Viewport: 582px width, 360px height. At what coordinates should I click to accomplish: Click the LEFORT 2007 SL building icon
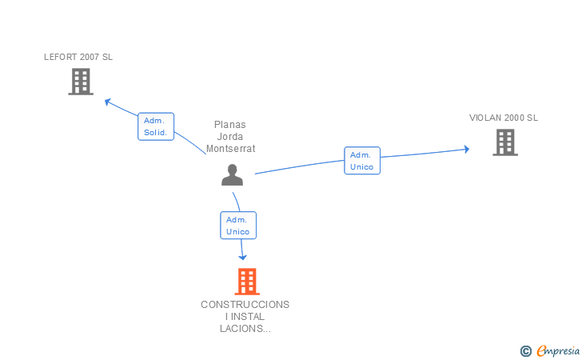click(81, 82)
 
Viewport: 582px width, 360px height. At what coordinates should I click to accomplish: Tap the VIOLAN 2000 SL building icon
click(505, 142)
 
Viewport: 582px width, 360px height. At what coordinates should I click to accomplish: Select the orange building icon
click(247, 282)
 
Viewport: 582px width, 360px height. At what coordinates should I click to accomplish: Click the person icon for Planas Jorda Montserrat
click(233, 174)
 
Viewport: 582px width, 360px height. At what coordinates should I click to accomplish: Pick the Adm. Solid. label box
click(156, 126)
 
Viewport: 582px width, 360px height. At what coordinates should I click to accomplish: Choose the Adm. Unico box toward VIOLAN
click(362, 161)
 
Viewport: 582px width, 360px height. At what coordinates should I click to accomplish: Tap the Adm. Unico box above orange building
click(238, 225)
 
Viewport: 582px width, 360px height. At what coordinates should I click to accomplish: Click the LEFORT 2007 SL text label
click(78, 57)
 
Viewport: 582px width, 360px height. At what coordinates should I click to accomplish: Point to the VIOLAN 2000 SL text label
click(504, 118)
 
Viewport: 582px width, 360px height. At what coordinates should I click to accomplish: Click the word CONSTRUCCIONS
click(245, 305)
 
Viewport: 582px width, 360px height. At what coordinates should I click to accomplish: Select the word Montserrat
click(231, 149)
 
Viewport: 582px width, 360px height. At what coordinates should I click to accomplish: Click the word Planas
click(230, 125)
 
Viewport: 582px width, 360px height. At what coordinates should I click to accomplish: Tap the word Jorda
click(230, 136)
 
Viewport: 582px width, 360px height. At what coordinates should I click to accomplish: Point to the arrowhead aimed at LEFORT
click(108, 102)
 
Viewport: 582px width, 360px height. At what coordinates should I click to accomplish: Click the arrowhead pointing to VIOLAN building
click(467, 149)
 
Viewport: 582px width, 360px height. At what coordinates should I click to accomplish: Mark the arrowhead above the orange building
click(242, 257)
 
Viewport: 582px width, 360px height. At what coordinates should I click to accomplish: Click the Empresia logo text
click(558, 350)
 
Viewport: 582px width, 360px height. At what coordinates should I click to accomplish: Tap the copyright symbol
click(526, 351)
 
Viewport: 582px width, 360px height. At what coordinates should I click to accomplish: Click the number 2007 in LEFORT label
click(90, 57)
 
